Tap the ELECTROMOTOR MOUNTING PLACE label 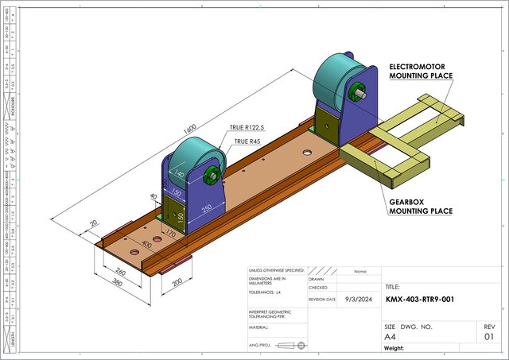[x=421, y=71]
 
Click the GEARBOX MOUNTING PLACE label [x=421, y=206]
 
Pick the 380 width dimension [x=117, y=281]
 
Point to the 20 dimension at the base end [x=95, y=224]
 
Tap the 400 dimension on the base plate [x=146, y=246]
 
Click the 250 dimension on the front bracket [x=207, y=208]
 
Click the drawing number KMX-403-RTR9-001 [x=421, y=300]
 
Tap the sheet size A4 [x=390, y=337]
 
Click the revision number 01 [x=489, y=337]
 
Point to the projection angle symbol [x=295, y=345]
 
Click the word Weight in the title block [x=395, y=348]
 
